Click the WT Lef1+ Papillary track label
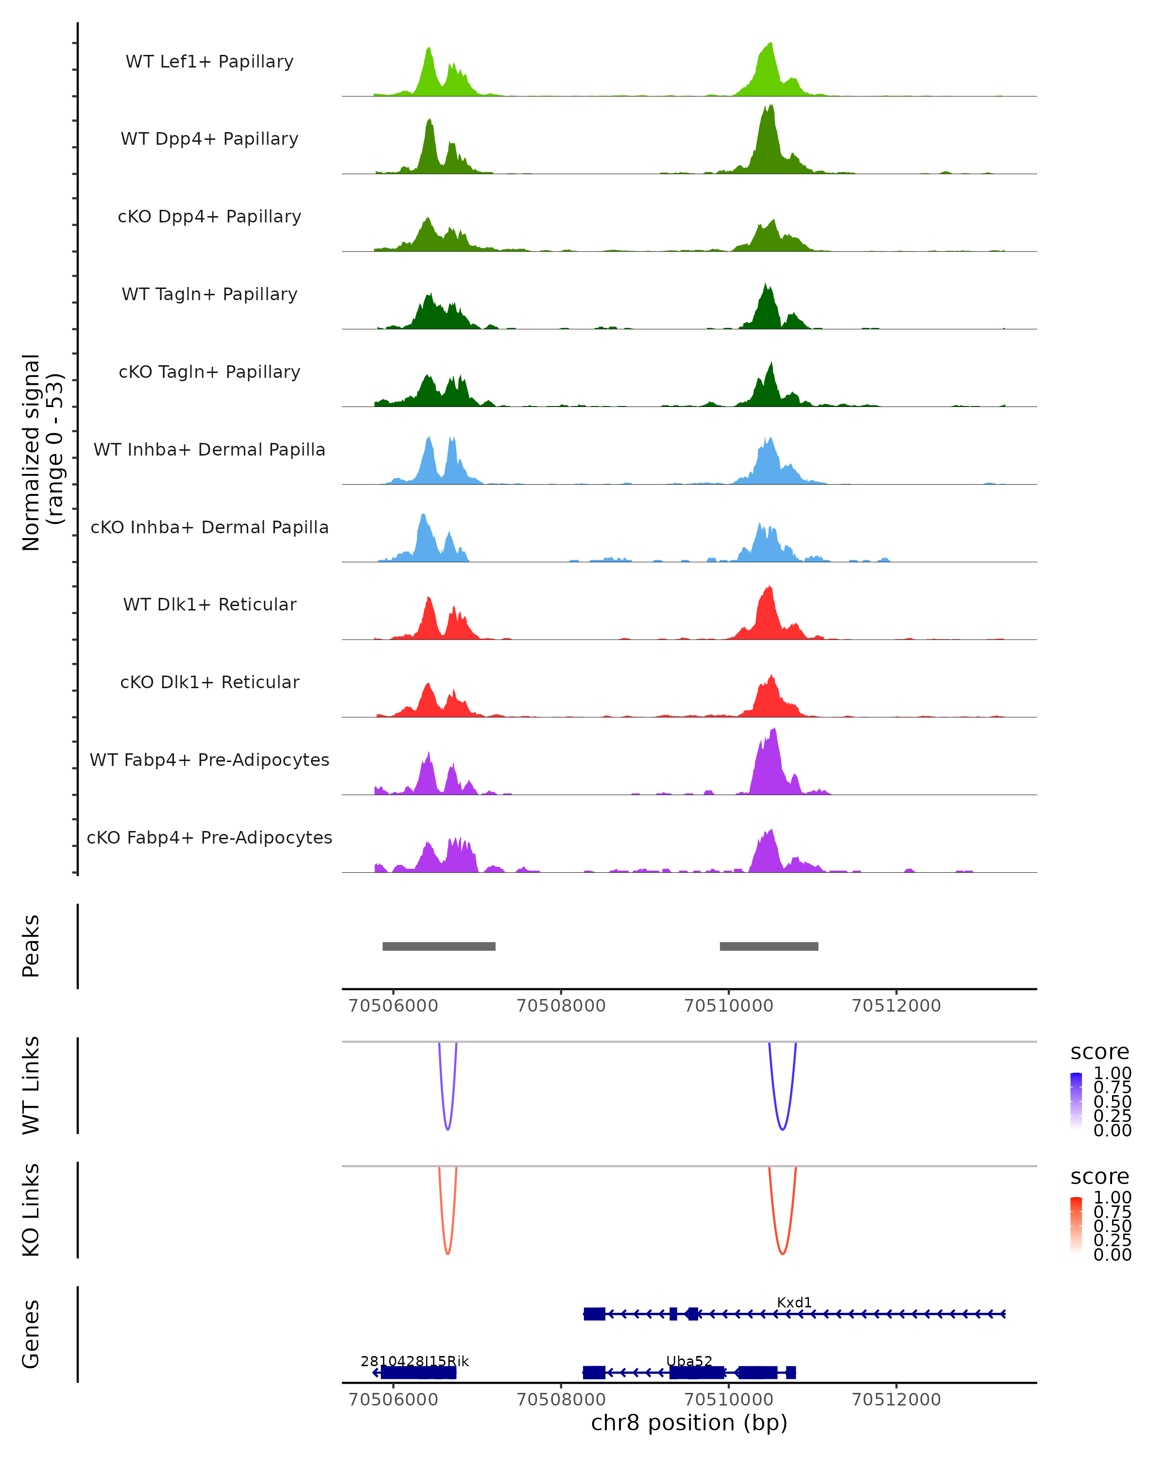coord(209,62)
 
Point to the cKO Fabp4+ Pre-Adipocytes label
coord(209,837)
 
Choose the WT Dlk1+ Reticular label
coord(209,604)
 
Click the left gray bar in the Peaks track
coord(439,946)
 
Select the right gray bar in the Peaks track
coord(769,946)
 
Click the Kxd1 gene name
coord(794,1302)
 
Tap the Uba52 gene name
coord(689,1361)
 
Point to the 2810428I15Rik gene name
coord(414,1361)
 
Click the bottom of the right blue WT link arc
coord(782,1129)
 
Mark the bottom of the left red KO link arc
coord(447,1254)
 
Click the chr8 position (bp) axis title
coord(689,1423)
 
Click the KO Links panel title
coord(31,1210)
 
